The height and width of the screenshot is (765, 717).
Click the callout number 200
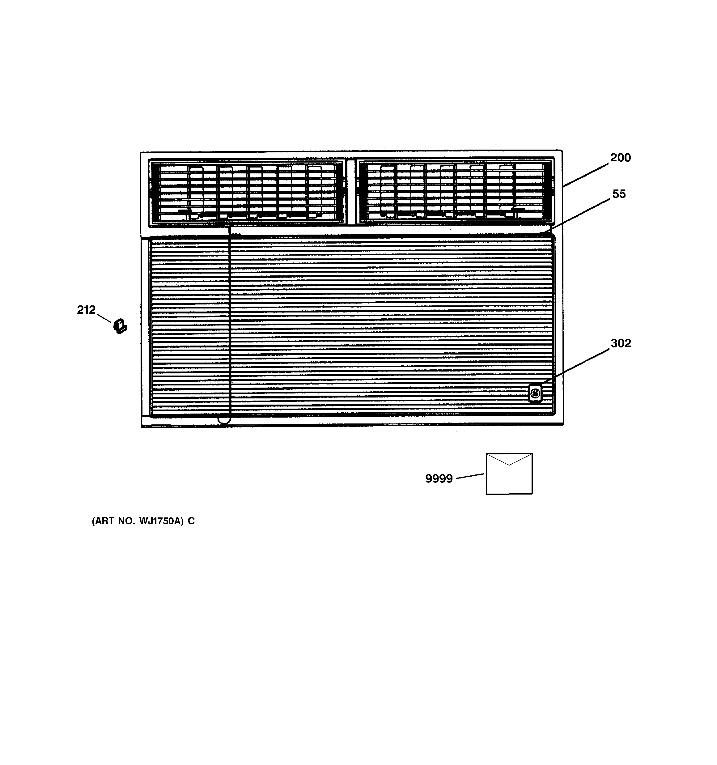point(620,158)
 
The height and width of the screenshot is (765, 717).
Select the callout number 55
point(619,194)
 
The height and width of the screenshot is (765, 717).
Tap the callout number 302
point(620,343)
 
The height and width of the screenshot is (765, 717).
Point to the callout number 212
point(86,310)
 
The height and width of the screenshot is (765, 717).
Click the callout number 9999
point(439,479)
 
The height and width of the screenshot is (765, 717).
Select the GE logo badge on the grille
point(535,393)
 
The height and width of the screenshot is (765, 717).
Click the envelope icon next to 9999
point(509,474)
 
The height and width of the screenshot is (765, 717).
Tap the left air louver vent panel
point(246,192)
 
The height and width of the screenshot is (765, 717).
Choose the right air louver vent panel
point(455,191)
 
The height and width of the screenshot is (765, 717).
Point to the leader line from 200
point(586,175)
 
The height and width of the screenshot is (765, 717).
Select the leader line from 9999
point(469,476)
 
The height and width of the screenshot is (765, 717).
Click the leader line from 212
point(104,318)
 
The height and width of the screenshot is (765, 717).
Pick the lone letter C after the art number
point(191,521)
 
